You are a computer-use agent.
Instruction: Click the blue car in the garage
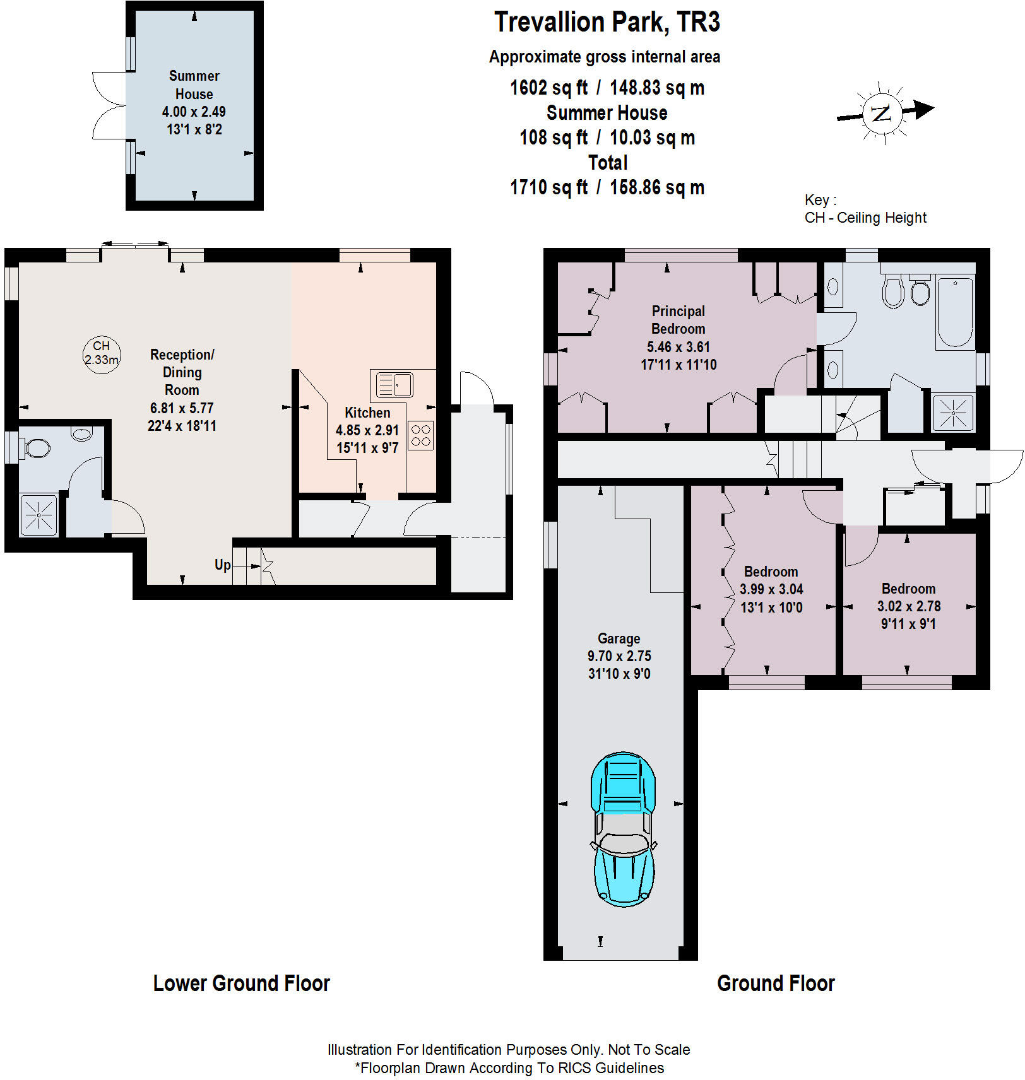(623, 830)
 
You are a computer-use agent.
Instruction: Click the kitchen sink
(394, 385)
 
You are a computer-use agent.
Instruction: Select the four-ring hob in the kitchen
(421, 435)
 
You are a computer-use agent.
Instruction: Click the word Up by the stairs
(222, 565)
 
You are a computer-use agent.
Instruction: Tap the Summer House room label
(194, 85)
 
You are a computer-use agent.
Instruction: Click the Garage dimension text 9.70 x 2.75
(619, 656)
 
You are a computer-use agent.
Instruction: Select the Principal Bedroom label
(678, 320)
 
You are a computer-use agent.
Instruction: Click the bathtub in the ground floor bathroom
(955, 312)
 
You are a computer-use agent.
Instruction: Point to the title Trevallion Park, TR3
(607, 22)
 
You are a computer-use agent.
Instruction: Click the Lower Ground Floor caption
(242, 983)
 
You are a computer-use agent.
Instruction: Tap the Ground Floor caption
(776, 983)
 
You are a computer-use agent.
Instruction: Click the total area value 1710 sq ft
(548, 187)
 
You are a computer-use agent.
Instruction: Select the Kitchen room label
(367, 413)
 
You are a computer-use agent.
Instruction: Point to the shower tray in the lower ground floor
(39, 515)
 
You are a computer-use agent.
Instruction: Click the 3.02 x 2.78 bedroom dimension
(909, 606)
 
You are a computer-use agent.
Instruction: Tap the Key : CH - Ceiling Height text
(865, 209)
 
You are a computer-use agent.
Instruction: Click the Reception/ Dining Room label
(182, 372)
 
